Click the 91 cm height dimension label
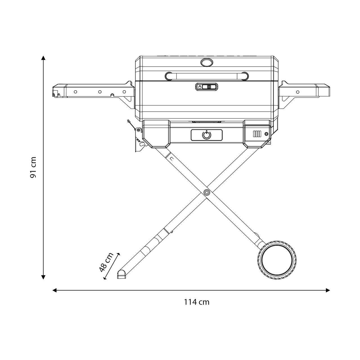[33, 167]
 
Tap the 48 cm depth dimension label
[106, 262]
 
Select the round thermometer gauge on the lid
[206, 62]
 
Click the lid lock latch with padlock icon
[207, 87]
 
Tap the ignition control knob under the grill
[206, 135]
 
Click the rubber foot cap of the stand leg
[121, 274]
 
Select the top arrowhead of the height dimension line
[43, 58]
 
